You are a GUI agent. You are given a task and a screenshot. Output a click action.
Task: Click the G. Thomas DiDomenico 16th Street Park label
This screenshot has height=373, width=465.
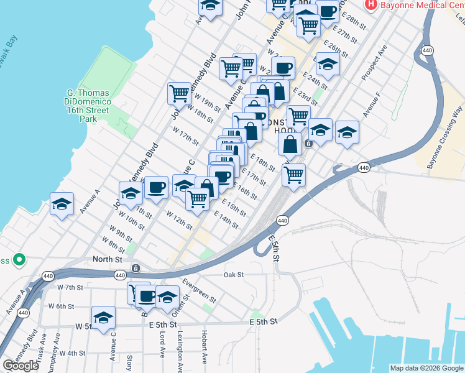tap(88, 106)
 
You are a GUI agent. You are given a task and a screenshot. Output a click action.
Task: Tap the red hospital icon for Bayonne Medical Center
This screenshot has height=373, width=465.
tap(371, 4)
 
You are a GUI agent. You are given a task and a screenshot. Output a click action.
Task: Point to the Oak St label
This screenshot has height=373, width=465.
tap(233, 274)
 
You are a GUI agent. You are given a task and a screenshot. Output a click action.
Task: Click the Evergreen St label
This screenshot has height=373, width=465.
tap(199, 290)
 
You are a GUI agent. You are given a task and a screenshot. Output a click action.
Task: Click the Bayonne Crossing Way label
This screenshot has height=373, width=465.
tap(445, 137)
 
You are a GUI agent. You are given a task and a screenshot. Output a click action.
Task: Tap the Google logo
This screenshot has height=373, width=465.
tap(21, 366)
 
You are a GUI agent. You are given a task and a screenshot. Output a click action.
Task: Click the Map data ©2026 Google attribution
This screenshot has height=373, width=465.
tap(426, 368)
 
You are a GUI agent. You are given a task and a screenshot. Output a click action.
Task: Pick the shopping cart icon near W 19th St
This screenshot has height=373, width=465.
tap(179, 93)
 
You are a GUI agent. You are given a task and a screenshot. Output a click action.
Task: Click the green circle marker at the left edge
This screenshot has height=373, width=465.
tap(19, 259)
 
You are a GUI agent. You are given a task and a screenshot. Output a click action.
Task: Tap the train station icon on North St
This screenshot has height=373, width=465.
tap(136, 269)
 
